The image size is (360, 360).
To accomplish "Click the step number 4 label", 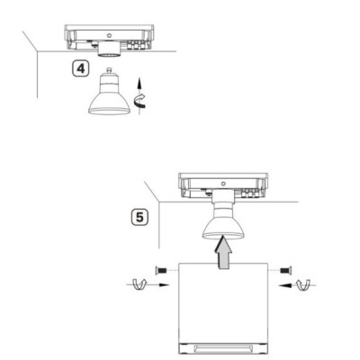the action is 81,69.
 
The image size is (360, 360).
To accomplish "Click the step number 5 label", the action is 139,217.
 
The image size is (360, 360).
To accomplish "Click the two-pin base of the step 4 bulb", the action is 110,71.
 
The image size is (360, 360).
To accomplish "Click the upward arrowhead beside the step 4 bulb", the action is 139,82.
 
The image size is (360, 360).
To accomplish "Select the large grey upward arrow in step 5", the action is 223,252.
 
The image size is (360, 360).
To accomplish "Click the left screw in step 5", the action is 161,270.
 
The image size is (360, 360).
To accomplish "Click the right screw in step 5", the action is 285,270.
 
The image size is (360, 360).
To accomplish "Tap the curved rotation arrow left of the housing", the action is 139,284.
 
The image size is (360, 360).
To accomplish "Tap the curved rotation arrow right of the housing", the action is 303,284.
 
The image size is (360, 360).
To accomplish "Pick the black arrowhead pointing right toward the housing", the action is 164,285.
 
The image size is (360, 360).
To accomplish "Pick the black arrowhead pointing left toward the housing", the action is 283,285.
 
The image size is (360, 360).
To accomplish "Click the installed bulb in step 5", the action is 222,223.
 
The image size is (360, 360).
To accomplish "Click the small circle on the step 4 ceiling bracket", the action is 109,35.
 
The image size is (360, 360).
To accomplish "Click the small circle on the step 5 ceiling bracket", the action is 223,184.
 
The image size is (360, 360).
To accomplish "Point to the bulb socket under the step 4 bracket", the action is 109,49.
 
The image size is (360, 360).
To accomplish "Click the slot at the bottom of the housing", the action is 223,348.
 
